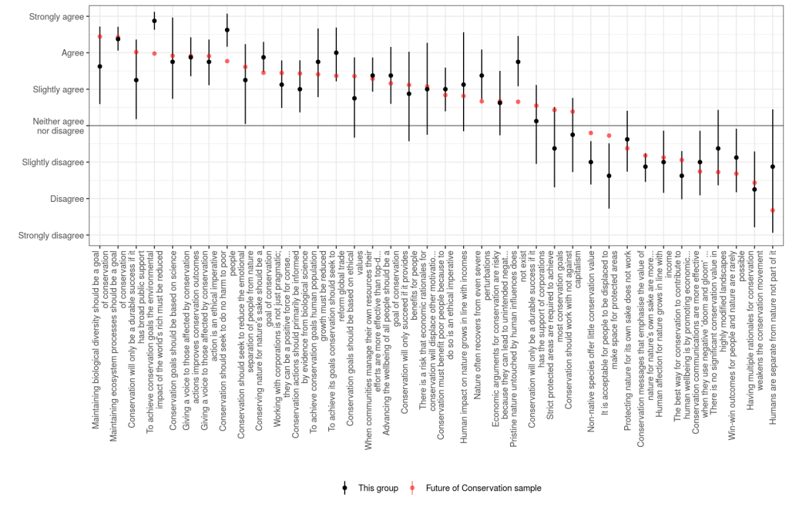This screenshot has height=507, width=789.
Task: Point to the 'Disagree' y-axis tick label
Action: [66, 199]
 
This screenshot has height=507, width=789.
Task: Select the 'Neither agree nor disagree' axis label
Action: [58, 126]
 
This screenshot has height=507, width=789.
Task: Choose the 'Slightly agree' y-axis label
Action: [58, 89]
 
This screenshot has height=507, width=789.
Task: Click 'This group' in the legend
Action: [377, 488]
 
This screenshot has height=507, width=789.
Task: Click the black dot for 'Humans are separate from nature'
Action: [772, 167]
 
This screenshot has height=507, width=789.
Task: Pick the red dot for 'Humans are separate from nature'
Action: [772, 210]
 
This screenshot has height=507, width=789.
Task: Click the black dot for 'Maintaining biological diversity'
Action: [100, 66]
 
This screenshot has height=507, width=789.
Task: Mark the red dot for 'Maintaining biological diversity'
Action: [100, 36]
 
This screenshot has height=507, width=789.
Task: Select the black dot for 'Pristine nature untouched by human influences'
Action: [518, 62]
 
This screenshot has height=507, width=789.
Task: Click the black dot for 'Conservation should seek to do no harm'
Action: [227, 30]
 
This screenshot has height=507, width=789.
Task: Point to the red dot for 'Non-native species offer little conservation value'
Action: [591, 133]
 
